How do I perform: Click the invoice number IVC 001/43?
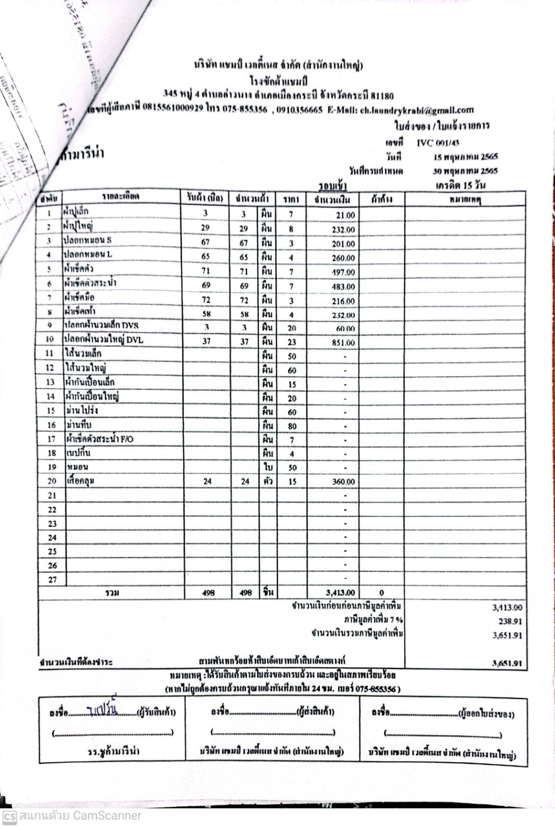coord(438,143)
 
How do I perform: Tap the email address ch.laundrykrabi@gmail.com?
coord(416,110)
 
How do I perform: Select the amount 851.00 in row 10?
coord(343,343)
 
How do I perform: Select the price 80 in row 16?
coord(292,426)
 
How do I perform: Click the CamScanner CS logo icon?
coord(9,815)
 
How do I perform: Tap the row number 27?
coord(52,579)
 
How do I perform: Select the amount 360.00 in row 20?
coord(343,482)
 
